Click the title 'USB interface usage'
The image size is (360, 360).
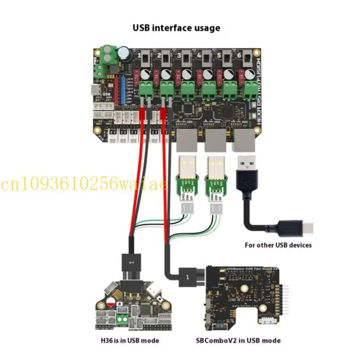point(176,27)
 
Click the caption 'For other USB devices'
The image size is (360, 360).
point(278,245)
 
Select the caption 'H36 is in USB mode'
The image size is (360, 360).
point(130,340)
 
